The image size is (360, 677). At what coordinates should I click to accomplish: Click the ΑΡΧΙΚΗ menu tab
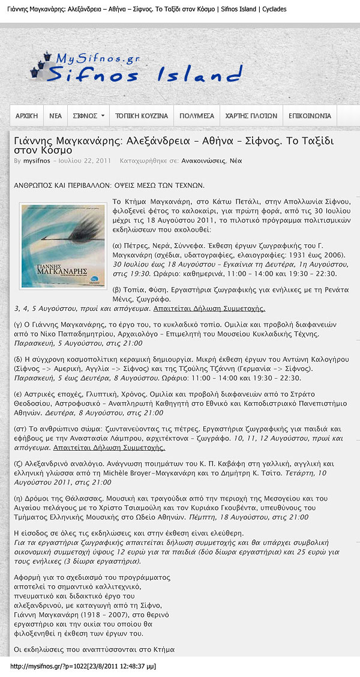[26, 116]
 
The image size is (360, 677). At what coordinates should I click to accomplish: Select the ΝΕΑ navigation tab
[55, 116]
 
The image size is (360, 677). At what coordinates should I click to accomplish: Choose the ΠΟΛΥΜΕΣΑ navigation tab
[197, 116]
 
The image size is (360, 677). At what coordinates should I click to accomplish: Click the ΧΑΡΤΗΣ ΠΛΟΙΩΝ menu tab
[251, 116]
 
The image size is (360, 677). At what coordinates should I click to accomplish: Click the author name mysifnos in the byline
[37, 161]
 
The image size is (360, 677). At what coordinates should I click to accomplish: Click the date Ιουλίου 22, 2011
[85, 161]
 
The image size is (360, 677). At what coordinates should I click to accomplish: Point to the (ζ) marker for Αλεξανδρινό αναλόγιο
[18, 464]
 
